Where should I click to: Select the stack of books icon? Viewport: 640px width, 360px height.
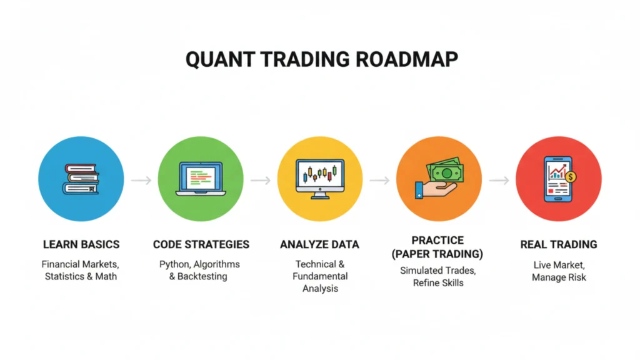(81, 180)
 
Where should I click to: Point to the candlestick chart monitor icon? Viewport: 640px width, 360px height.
(319, 179)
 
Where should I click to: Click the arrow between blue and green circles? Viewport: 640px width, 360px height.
(141, 181)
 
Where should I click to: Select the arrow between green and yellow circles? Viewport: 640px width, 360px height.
(260, 181)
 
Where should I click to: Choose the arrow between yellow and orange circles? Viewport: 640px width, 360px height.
(379, 181)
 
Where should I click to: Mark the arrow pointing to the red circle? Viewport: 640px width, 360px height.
(499, 181)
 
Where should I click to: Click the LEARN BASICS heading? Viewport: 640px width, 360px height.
(81, 244)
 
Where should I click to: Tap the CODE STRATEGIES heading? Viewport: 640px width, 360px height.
(201, 244)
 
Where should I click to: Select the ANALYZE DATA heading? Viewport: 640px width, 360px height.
(319, 244)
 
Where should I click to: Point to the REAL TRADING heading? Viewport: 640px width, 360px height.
(558, 244)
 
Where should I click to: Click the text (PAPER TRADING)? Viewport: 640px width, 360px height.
(439, 254)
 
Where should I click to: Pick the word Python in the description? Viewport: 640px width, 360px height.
(174, 264)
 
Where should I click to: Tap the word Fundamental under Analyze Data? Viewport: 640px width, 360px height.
(319, 276)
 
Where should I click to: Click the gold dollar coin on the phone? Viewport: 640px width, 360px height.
(570, 177)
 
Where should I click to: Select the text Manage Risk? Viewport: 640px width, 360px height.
(559, 277)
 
